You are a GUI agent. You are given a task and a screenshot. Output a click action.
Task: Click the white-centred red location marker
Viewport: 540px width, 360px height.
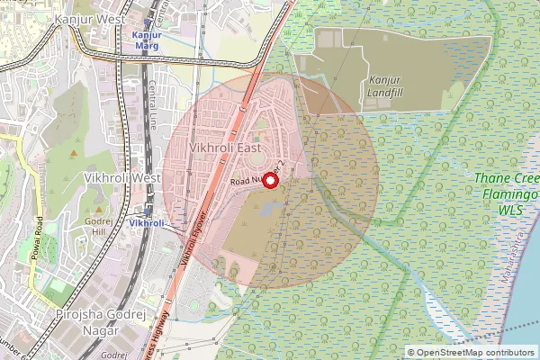pyautogui.click(x=270, y=180)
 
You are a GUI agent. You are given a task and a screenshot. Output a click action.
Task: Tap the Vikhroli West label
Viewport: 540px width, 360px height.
pyautogui.click(x=121, y=178)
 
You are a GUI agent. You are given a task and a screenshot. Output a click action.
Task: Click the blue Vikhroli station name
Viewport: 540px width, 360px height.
pyautogui.click(x=145, y=222)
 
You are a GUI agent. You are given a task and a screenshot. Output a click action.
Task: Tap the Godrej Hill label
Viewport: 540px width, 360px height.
pyautogui.click(x=94, y=226)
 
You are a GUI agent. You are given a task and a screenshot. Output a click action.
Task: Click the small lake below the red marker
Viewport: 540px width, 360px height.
pyautogui.click(x=266, y=210)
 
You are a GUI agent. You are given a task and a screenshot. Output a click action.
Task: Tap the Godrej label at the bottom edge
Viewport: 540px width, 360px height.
pyautogui.click(x=113, y=355)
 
